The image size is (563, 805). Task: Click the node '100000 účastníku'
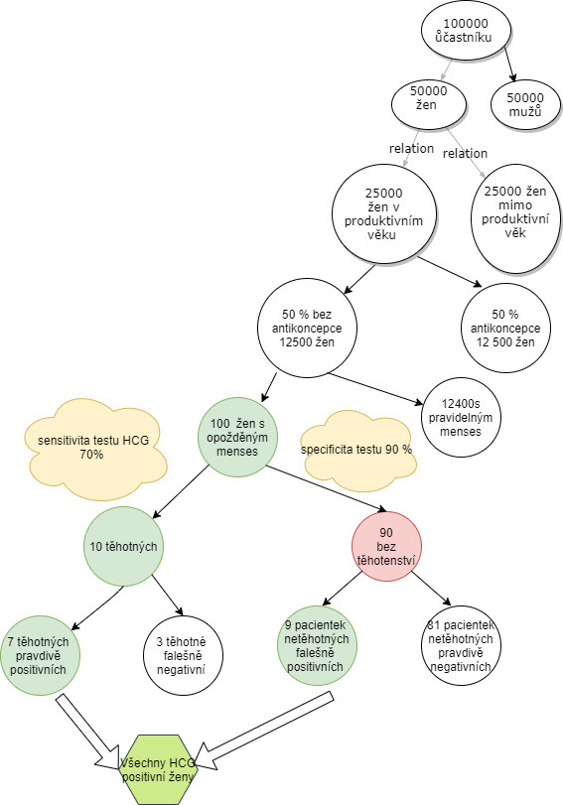point(467,31)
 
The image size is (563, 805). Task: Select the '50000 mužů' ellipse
point(525,105)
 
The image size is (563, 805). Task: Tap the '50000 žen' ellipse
point(429,104)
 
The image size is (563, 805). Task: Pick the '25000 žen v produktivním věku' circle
point(384,214)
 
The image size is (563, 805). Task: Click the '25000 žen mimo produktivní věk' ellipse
point(515,218)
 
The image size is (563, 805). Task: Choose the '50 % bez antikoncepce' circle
point(307,329)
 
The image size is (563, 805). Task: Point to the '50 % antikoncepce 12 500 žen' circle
point(506,329)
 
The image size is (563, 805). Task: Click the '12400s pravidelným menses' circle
point(461,417)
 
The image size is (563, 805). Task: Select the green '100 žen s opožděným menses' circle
point(237,438)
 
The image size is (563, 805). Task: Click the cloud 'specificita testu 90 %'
point(357,450)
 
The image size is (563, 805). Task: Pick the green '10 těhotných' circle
point(123,546)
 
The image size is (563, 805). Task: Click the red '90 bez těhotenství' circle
point(386,546)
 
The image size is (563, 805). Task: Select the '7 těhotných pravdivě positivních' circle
point(40,655)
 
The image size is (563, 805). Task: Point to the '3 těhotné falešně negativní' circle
point(183,655)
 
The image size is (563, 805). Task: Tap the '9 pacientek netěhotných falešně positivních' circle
point(317,646)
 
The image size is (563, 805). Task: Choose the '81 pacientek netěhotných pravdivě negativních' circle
point(461,646)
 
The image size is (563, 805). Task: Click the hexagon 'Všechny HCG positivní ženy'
point(158,769)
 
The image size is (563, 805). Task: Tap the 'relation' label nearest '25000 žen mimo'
point(465,154)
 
